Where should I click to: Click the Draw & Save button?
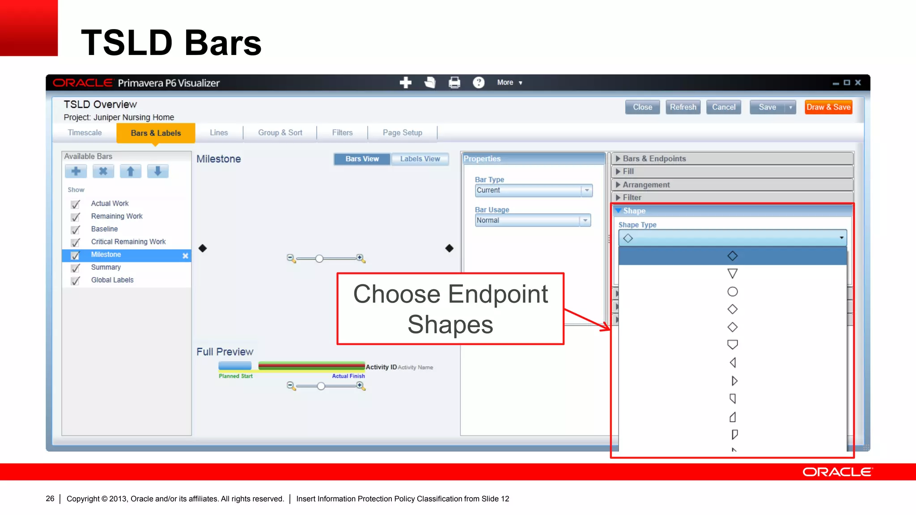828,107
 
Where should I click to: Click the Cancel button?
723,107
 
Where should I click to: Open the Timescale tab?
85,133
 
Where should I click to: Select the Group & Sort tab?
280,133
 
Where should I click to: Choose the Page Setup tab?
402,133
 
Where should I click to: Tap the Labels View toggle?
420,159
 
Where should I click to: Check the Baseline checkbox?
76,230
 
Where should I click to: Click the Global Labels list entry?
112,280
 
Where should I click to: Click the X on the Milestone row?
185,256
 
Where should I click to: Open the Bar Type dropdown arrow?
587,190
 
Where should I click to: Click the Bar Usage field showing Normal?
528,220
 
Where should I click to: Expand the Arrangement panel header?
646,185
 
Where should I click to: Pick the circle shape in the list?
732,291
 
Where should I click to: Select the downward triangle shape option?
732,274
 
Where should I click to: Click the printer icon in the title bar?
454,83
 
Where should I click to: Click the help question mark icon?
479,83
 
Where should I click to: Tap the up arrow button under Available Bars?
131,171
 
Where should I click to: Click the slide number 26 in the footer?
50,498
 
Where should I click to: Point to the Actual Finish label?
348,376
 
